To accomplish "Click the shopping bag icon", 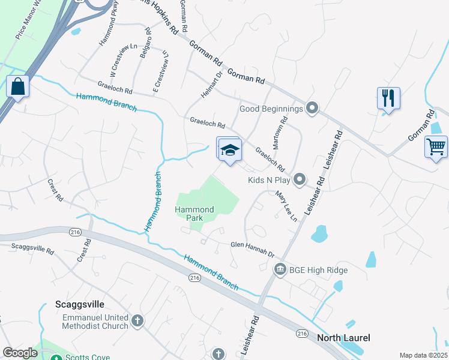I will [x=18, y=86].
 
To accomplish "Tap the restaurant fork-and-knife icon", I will [x=388, y=98].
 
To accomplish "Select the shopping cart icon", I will [x=436, y=146].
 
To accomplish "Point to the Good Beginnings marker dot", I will [x=312, y=109].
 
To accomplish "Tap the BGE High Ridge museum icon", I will [x=279, y=270].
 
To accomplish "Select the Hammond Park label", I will [x=194, y=214].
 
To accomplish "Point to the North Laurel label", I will [x=343, y=338].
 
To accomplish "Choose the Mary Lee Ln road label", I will [x=286, y=206].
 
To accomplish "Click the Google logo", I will [x=20, y=353].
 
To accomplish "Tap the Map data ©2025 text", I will [x=423, y=355].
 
